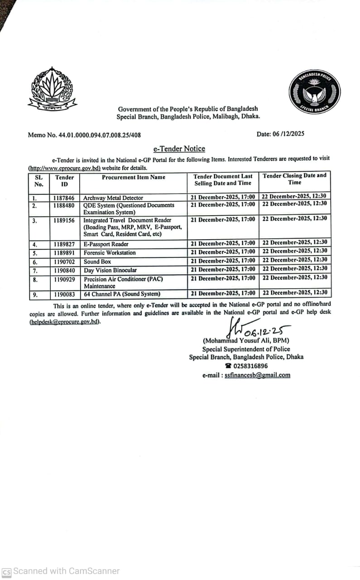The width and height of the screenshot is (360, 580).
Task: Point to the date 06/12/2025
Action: pyautogui.click(x=280, y=134)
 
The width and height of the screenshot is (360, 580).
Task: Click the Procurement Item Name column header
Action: pyautogui.click(x=134, y=177)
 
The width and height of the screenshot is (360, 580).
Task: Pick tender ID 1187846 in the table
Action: pyautogui.click(x=65, y=198)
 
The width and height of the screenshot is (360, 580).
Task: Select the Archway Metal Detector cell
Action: pyautogui.click(x=113, y=198)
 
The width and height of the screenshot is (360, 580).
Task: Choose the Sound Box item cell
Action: pyautogui.click(x=97, y=262)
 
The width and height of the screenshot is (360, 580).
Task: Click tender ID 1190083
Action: pyautogui.click(x=65, y=294)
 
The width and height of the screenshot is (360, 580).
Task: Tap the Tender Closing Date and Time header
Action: pyautogui.click(x=294, y=179)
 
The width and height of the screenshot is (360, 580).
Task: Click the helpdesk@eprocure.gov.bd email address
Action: pyautogui.click(x=65, y=322)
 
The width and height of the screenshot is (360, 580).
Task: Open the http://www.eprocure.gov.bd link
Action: pyautogui.click(x=64, y=168)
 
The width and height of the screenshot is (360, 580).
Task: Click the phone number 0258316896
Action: pyautogui.click(x=250, y=366)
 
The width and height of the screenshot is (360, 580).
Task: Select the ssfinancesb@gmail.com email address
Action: pyautogui.click(x=257, y=375)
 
